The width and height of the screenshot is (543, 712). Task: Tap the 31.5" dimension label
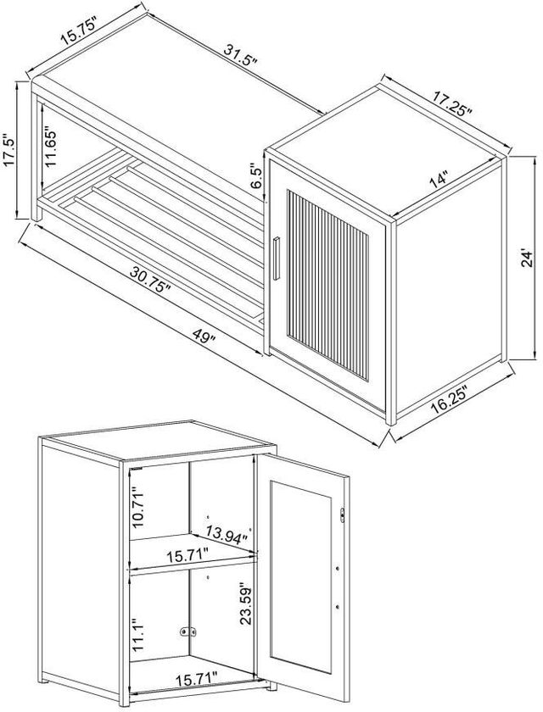[x=240, y=56]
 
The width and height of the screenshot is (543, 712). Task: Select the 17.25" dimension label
[x=452, y=103]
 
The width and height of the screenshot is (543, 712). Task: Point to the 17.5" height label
[x=9, y=150]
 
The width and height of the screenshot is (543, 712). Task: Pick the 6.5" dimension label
[x=256, y=176]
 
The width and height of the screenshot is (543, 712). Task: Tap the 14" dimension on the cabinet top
[x=439, y=180]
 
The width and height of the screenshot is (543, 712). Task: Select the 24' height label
[x=529, y=257]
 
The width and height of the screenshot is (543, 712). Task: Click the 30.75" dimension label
[x=150, y=279]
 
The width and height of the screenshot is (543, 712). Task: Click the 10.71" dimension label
[x=138, y=507]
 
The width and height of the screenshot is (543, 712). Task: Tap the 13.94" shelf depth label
[x=227, y=533]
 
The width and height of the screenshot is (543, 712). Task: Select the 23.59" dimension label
[x=246, y=605]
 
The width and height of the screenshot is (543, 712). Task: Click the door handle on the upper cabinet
[x=277, y=259]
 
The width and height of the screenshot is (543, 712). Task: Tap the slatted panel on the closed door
[x=327, y=285]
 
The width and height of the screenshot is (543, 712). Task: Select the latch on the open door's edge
[x=342, y=515]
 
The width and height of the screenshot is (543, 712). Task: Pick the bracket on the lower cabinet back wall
[x=188, y=631]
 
